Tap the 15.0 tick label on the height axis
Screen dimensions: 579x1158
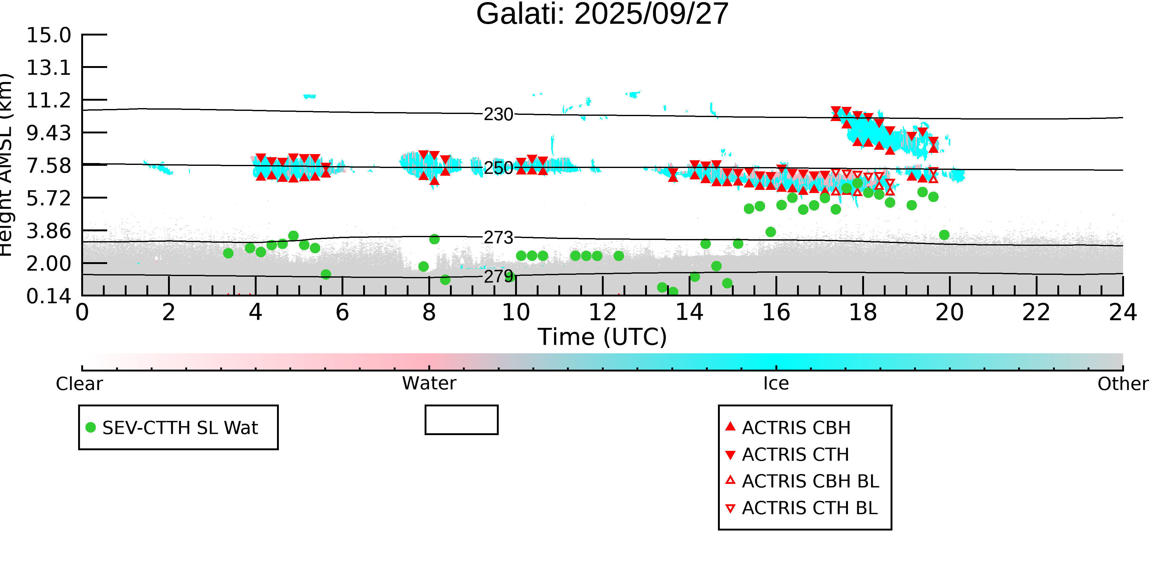click(x=48, y=35)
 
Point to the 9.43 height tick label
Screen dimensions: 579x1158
click(x=48, y=133)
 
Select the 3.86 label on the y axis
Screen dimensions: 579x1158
click(x=48, y=231)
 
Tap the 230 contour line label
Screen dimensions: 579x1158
click(x=498, y=115)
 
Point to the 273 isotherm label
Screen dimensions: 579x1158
click(x=498, y=237)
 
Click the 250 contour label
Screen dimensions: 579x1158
click(x=498, y=168)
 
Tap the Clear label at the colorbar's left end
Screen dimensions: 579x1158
click(x=79, y=384)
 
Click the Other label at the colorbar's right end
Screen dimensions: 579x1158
click(x=1122, y=384)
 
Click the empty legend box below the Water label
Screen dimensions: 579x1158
click(x=461, y=420)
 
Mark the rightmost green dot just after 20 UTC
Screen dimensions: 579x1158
click(x=944, y=235)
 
